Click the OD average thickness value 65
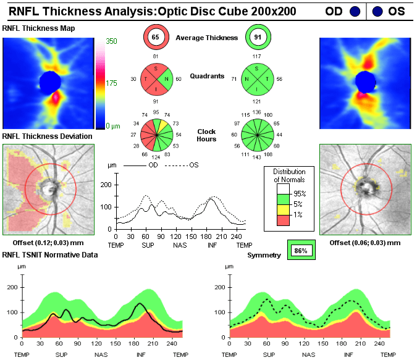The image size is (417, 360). click(155, 38)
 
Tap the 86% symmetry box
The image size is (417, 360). click(301, 251)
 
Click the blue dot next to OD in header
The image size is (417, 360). click(355, 11)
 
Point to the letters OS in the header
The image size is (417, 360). click(397, 11)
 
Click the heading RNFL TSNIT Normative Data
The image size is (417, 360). click(49, 254)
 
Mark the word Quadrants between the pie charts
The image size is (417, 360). click(206, 77)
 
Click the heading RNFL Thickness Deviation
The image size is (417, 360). click(48, 136)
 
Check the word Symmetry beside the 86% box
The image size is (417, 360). click(264, 255)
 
